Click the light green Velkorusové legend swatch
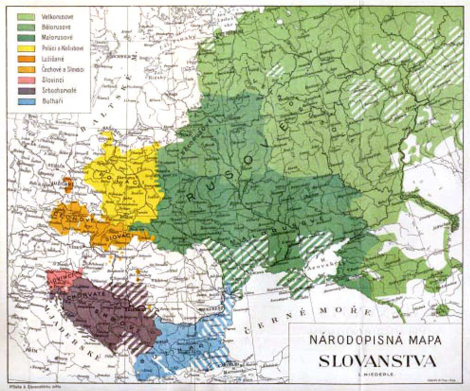click(26, 17)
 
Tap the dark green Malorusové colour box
click(26, 38)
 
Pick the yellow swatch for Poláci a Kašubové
click(26, 48)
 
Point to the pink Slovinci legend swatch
click(26, 80)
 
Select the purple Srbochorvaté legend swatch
click(26, 90)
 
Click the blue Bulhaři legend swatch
click(26, 101)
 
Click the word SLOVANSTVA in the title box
click(377, 361)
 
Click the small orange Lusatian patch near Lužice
click(68, 184)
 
